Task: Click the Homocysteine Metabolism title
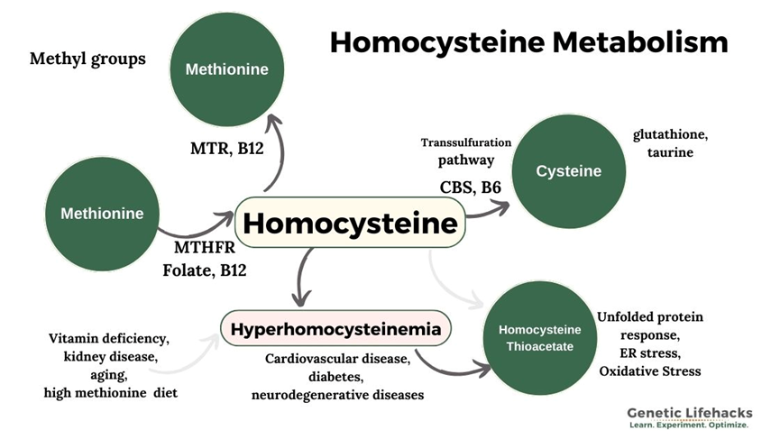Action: pyautogui.click(x=528, y=42)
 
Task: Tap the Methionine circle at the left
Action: pyautogui.click(x=102, y=214)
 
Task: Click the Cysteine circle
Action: pyautogui.click(x=568, y=171)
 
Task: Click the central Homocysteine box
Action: pyautogui.click(x=349, y=223)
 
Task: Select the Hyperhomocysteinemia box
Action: pyautogui.click(x=335, y=330)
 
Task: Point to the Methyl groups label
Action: pyautogui.click(x=88, y=59)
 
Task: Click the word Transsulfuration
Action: pyautogui.click(x=466, y=142)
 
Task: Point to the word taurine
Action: pyautogui.click(x=669, y=152)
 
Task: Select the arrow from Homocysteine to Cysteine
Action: pyautogui.click(x=487, y=204)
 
